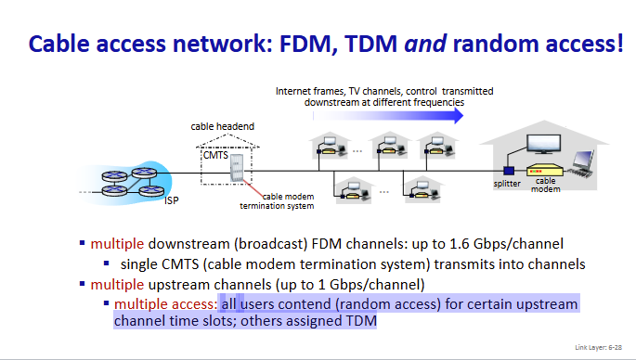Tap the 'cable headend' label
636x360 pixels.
222,126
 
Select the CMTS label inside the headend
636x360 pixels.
214,155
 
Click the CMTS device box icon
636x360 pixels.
236,168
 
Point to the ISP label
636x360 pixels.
171,199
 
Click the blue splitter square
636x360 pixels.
509,170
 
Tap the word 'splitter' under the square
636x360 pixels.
508,184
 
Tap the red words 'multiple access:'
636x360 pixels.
165,303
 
